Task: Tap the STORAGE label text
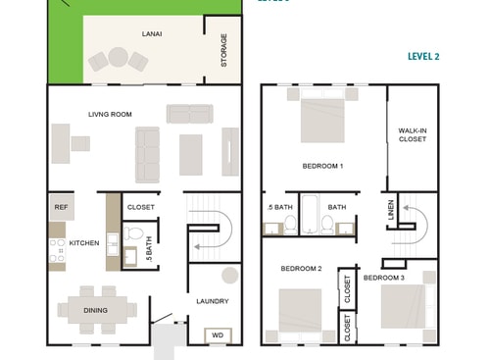click(x=223, y=50)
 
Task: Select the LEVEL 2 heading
click(x=423, y=57)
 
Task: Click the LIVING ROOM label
click(x=110, y=115)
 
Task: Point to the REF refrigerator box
click(x=61, y=207)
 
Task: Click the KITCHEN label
click(x=84, y=242)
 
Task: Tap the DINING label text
click(x=95, y=310)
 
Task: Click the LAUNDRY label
click(x=212, y=301)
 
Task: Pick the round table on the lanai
click(x=119, y=56)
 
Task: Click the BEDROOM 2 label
click(x=302, y=268)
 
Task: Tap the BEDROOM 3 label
click(x=384, y=278)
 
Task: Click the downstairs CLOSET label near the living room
click(x=141, y=207)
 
